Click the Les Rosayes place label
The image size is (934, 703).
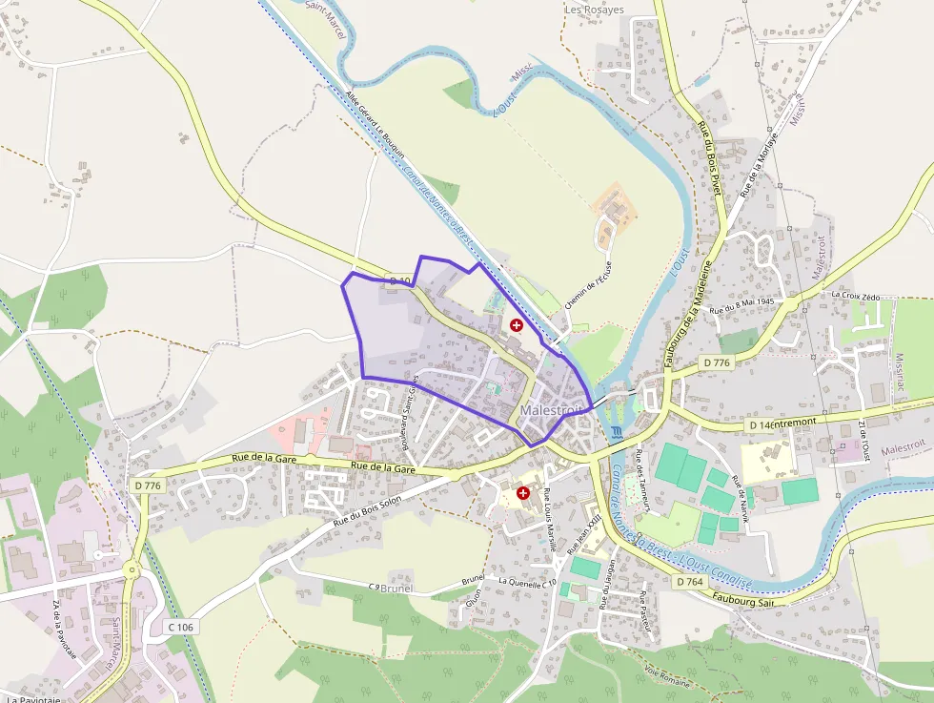[x=594, y=10]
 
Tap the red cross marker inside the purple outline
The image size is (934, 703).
[x=517, y=325]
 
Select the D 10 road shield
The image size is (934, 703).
[x=401, y=280]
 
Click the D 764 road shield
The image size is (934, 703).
[x=689, y=581]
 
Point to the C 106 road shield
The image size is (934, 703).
[x=181, y=627]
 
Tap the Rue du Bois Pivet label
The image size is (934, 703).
[x=710, y=158]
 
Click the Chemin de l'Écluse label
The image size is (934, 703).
[x=587, y=287]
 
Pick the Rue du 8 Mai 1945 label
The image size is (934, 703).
[x=761, y=305]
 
